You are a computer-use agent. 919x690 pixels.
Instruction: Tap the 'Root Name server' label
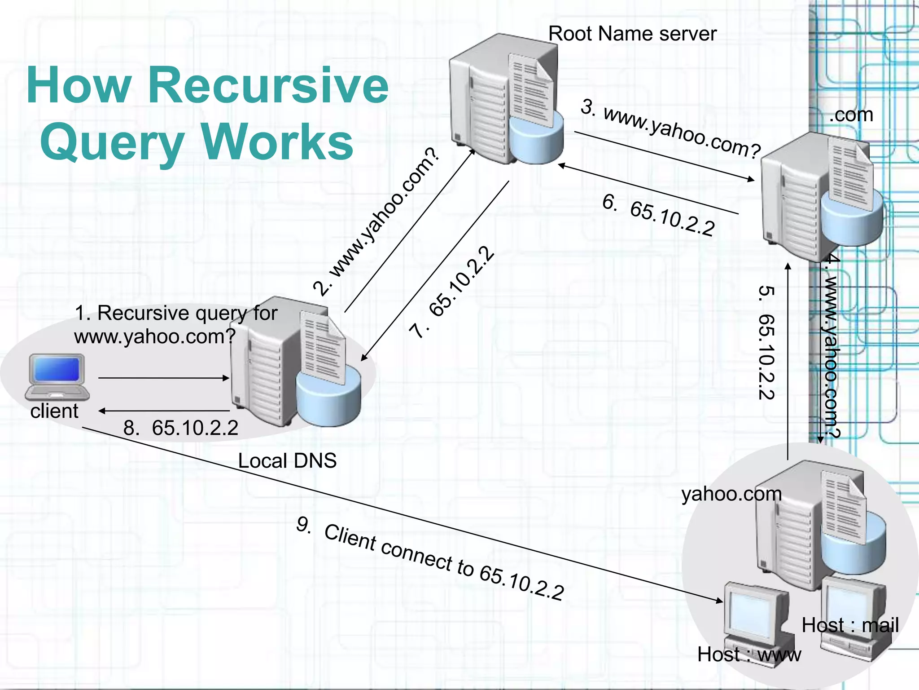click(632, 34)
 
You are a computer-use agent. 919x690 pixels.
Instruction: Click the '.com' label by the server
click(850, 115)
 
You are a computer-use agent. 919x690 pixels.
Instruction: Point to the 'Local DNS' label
click(287, 461)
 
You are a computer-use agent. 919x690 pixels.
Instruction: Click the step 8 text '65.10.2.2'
click(195, 428)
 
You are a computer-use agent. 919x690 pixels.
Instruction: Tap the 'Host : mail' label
click(850, 625)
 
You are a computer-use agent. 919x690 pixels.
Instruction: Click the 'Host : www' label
click(748, 655)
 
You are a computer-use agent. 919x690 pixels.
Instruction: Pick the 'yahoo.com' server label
click(731, 494)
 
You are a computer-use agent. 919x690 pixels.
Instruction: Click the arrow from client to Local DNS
click(164, 378)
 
